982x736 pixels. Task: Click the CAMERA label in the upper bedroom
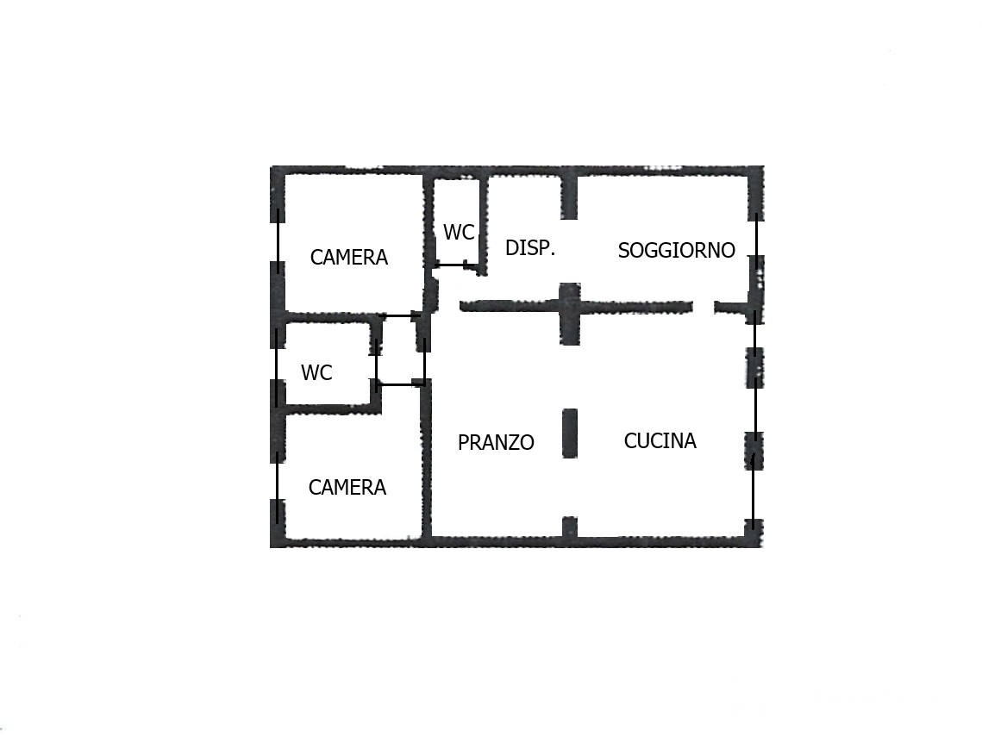(349, 257)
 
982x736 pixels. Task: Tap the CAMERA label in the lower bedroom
(347, 488)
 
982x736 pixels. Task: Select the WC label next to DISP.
(459, 233)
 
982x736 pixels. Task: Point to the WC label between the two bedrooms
(316, 373)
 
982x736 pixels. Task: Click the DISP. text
(530, 248)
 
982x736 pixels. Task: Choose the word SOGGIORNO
(677, 251)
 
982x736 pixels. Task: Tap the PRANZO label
(496, 443)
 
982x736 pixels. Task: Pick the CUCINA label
(660, 441)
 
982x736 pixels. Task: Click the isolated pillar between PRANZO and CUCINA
(570, 433)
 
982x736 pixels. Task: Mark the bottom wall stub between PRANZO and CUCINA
(569, 527)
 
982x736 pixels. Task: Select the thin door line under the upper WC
(455, 265)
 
